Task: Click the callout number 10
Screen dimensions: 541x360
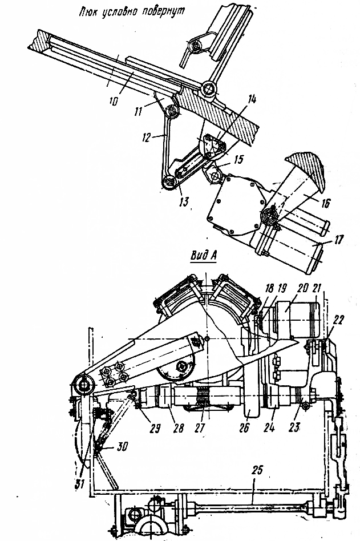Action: (114, 100)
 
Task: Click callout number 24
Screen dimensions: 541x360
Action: (276, 425)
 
